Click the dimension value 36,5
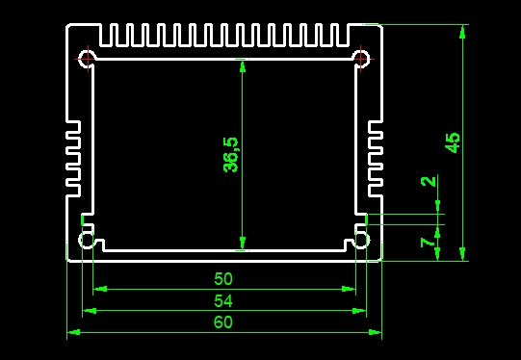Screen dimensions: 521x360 pos(230,155)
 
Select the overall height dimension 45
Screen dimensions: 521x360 pos(453,142)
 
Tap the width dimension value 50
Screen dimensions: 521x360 pos(223,278)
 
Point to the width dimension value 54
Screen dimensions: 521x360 pos(223,301)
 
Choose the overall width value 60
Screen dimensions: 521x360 pos(223,322)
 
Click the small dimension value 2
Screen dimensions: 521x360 pos(429,181)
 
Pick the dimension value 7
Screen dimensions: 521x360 pos(428,243)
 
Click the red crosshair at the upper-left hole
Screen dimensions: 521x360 pos(88,59)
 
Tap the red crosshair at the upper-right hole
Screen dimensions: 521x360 pos(361,59)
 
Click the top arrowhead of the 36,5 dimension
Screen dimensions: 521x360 pos(243,65)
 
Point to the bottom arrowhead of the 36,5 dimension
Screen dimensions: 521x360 pos(243,244)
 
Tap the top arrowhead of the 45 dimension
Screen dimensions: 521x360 pos(462,32)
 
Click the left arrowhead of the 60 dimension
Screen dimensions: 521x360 pos(74,332)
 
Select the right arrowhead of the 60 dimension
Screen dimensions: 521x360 pos(376,332)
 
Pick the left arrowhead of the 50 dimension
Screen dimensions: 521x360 pos(100,289)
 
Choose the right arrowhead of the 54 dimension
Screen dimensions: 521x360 pos(359,311)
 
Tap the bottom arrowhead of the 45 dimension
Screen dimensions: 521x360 pos(462,254)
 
